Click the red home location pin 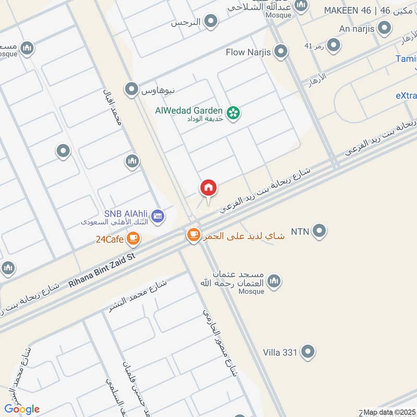[208, 188]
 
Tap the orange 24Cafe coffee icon [133, 239]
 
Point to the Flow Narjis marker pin [281, 52]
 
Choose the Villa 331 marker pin [309, 352]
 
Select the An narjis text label [356, 29]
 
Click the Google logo [21, 409]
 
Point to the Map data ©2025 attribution [389, 412]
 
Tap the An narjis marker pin [385, 28]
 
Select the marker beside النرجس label [211, 22]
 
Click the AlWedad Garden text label [189, 111]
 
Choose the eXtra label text [406, 96]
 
